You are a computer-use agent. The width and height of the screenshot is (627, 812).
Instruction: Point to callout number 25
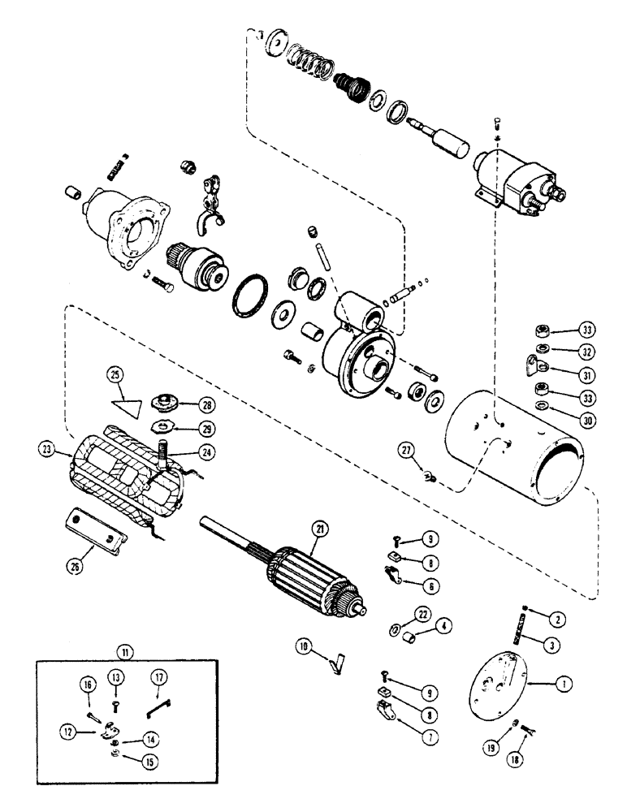point(115,375)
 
